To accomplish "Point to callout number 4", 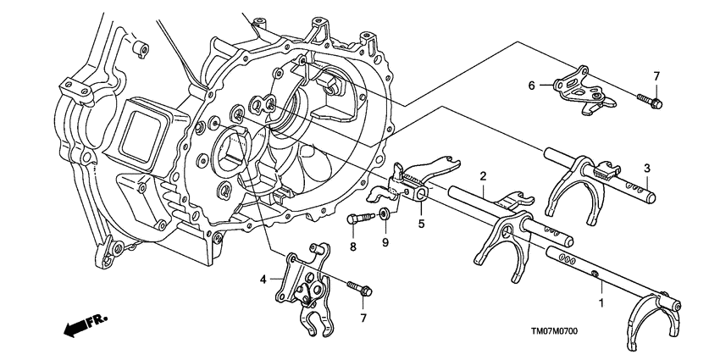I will pos(263,279).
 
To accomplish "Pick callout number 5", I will pos(419,224).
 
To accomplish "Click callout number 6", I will pos(531,85).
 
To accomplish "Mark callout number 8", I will pos(352,246).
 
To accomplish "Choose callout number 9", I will pos(385,243).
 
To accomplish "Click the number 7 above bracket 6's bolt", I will pos(657,76).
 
